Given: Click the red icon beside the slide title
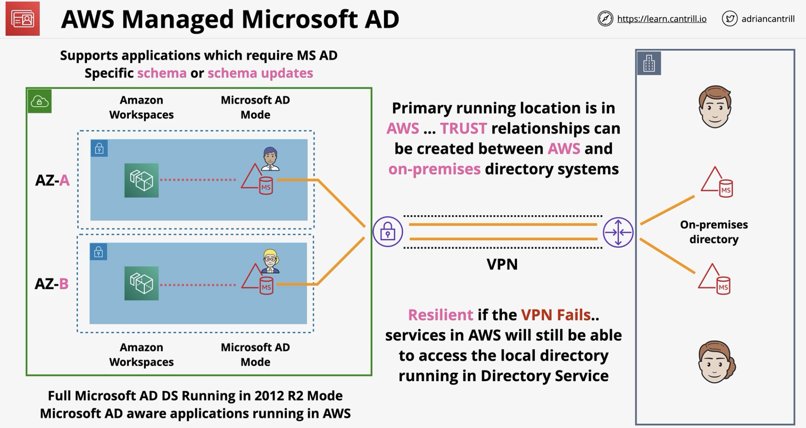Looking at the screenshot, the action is [23, 18].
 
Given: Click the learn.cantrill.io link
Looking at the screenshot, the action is [662, 19].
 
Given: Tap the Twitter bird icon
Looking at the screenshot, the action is [729, 19].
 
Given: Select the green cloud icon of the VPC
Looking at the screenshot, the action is [40, 101].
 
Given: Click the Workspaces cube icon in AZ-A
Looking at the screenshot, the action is [142, 180].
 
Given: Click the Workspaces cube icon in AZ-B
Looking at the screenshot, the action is [142, 283].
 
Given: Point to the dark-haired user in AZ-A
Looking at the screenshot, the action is [270, 159].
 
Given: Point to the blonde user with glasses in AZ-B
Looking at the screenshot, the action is [270, 261].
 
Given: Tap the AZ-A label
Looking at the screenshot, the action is [52, 180].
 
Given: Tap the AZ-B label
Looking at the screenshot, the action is [52, 283].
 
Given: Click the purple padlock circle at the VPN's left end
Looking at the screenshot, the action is [388, 232].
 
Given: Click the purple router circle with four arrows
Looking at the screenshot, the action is [618, 232].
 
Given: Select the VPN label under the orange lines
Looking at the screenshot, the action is [502, 264].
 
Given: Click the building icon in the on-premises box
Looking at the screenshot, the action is [649, 63].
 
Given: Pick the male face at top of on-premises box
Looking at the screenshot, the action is [715, 107].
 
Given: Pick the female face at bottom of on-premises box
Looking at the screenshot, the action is [717, 362].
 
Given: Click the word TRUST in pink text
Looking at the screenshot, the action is [463, 129].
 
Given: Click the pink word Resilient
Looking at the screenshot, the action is [440, 315].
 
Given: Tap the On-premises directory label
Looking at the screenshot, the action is [714, 232].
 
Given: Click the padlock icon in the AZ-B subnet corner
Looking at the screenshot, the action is [98, 252].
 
